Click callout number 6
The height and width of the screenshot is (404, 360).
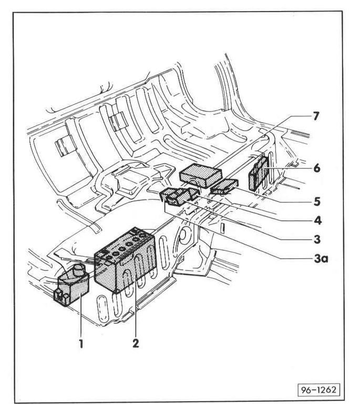[316, 168]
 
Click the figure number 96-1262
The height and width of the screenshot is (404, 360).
[320, 391]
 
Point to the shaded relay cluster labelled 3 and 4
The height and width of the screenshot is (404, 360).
[178, 198]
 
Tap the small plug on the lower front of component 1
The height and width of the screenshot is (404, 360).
[61, 298]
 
